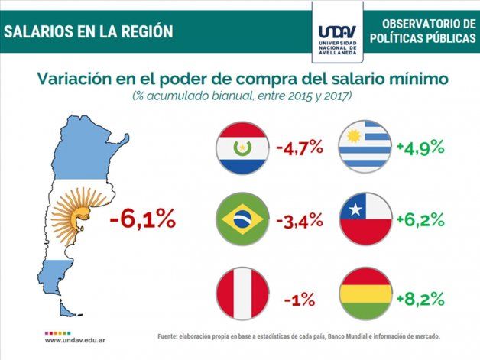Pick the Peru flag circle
point(242,294)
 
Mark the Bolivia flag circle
point(365,294)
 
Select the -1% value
point(300,299)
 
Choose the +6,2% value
point(420,221)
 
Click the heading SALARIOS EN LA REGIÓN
point(88,31)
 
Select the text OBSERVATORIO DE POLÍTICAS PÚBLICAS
point(422,31)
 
